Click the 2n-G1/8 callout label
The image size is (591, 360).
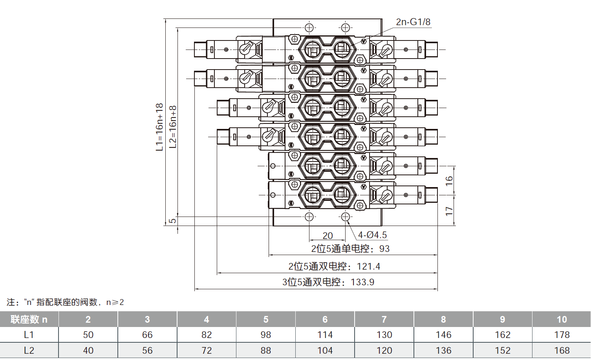click(413, 22)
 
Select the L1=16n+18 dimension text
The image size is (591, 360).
click(159, 127)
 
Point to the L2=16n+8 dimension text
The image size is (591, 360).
click(173, 127)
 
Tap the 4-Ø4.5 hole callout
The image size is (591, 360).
click(372, 235)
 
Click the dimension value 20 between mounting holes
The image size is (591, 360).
click(328, 235)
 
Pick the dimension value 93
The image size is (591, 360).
click(384, 249)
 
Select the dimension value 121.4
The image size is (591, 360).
click(368, 266)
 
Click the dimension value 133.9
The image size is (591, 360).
click(362, 282)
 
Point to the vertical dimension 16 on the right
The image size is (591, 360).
click(449, 180)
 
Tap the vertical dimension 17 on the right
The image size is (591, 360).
click(449, 211)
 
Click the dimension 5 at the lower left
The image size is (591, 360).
click(172, 221)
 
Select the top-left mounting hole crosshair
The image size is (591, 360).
click(309, 28)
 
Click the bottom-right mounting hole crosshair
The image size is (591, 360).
click(345, 217)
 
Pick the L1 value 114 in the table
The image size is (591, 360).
click(325, 335)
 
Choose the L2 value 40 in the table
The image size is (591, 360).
click(88, 351)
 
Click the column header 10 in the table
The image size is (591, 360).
click(562, 320)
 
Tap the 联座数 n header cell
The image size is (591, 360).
click(29, 320)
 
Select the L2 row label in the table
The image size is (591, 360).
click(29, 351)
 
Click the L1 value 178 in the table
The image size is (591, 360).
click(562, 335)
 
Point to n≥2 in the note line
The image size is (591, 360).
click(115, 302)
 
